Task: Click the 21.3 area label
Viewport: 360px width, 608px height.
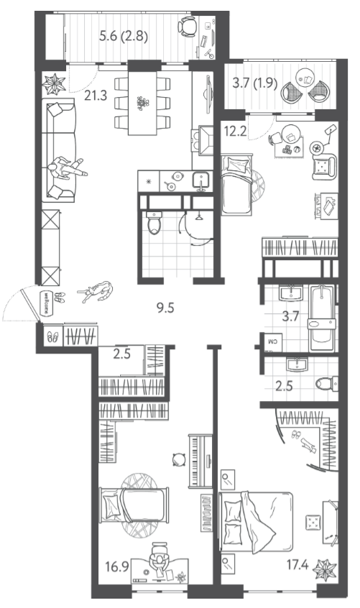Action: [96, 95]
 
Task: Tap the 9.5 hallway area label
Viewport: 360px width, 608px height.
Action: [165, 308]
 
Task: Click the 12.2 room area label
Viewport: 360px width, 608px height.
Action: [235, 132]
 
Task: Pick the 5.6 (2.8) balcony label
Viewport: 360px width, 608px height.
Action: [124, 37]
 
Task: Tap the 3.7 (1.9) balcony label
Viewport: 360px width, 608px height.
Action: [255, 83]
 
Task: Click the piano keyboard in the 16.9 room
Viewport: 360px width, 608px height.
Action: [200, 461]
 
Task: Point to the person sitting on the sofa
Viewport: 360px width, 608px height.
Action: [65, 168]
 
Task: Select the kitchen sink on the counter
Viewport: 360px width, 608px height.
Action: [201, 180]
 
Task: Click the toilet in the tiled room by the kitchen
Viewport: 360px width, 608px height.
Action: [154, 223]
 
